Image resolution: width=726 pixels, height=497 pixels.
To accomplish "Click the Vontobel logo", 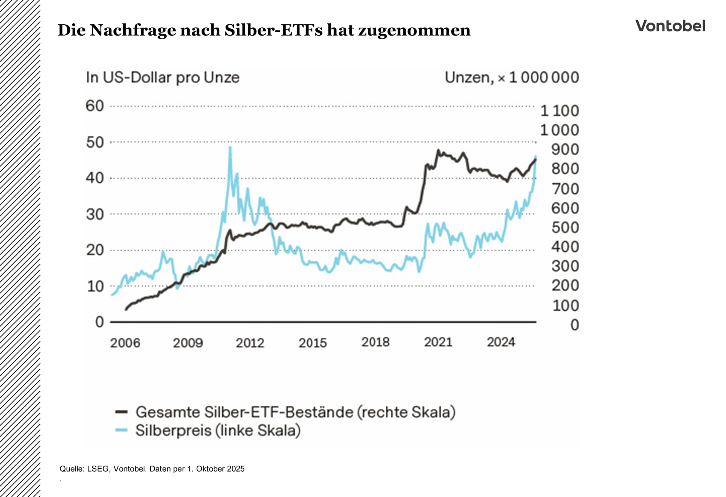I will point(670,26).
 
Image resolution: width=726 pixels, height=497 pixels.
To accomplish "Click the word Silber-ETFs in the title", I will point(273,30).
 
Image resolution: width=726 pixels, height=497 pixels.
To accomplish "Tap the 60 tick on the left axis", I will point(95,106).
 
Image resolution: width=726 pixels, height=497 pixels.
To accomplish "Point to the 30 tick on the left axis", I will point(95,215).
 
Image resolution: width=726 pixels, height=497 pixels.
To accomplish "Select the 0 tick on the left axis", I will point(99,322).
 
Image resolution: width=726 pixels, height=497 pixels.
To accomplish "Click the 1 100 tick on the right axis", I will point(559,111).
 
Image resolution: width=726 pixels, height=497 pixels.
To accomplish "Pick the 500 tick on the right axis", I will point(565,227).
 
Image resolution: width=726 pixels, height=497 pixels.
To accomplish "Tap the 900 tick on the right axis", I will point(565,150).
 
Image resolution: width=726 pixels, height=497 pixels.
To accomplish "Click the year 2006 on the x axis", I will point(125,343).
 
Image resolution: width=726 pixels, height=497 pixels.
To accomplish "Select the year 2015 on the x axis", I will point(313,343).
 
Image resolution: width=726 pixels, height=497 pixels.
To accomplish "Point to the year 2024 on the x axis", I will point(501,342).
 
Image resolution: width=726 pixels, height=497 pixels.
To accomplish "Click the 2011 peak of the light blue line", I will point(230,148).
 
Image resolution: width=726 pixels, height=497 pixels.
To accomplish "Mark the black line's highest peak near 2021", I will point(438,150).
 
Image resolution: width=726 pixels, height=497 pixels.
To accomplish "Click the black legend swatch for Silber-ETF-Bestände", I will point(122,412).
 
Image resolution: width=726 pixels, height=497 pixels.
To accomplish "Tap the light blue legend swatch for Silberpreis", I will point(122,430).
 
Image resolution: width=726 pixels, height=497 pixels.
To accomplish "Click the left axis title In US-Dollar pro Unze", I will point(163,78).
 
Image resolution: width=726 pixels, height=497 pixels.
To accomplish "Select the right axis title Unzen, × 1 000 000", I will point(512,78).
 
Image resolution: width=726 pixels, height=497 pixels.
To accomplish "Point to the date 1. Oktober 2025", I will point(216,469).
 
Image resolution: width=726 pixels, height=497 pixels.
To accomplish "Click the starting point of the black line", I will point(126,310).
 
